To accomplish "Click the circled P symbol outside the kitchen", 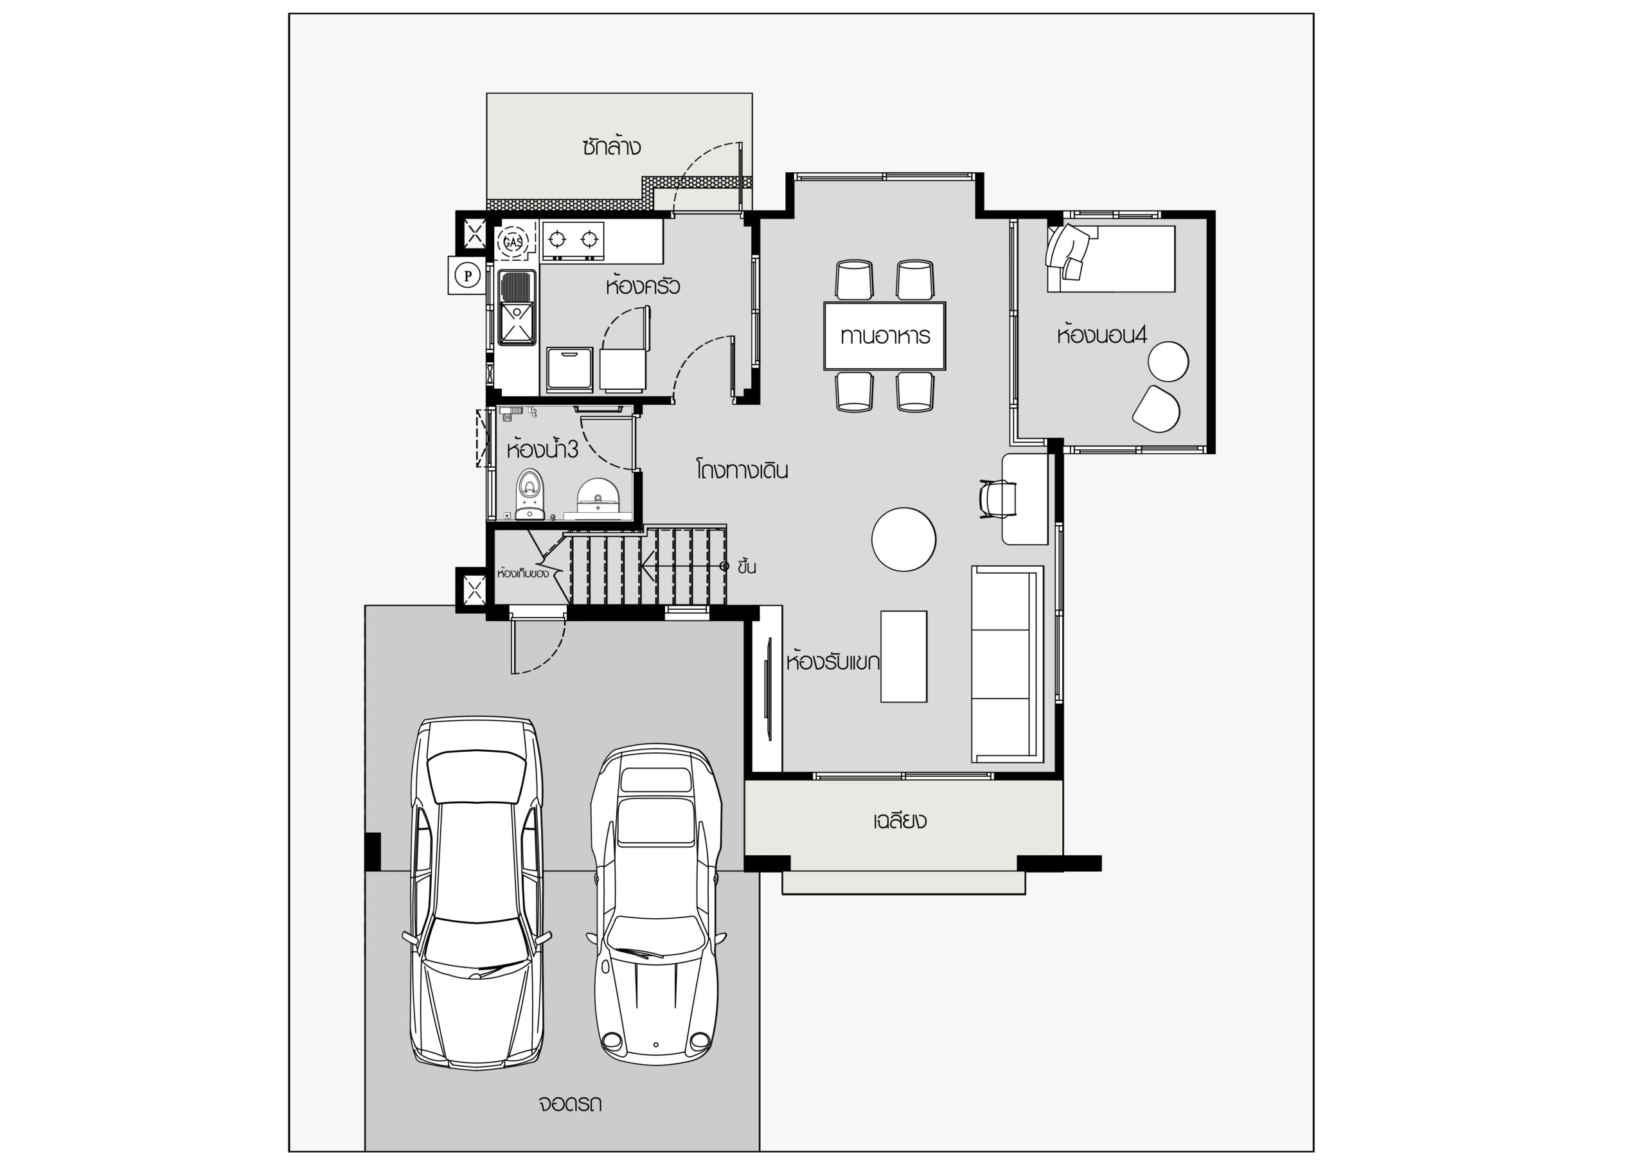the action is coord(468,275).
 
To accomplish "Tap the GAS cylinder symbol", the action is coord(513,242).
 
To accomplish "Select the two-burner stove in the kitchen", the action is coord(573,240).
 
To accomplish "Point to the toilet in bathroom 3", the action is coord(529,493).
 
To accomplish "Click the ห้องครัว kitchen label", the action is coord(642,286).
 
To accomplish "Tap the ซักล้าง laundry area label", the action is coord(611,147).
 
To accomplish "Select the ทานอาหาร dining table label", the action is coord(885,336).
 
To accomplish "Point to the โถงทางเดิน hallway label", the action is coord(742,470).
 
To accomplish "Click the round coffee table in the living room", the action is coord(903,539).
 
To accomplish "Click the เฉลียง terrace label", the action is coord(899,820).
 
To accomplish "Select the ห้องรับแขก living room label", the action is coord(833,661).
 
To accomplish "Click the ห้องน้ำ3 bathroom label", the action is coord(542,449).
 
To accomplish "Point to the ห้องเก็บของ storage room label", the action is coord(523,573).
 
